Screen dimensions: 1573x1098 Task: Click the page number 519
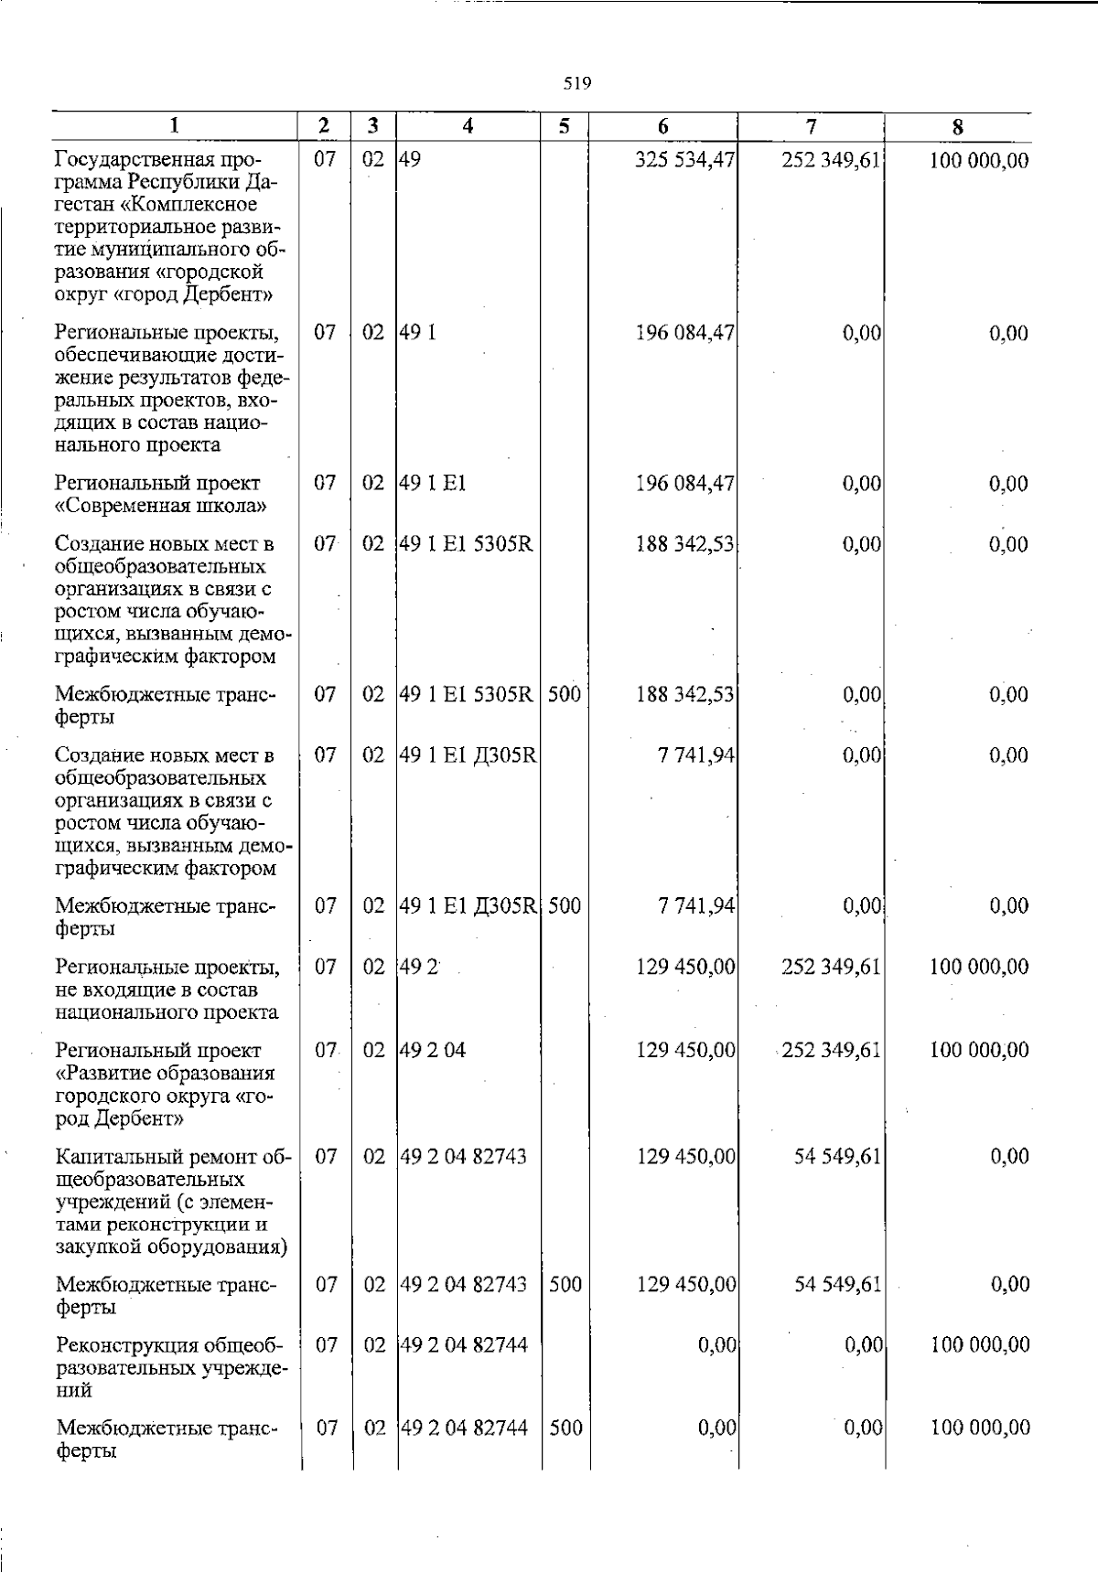coord(576,84)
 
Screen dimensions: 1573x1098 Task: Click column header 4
coord(468,127)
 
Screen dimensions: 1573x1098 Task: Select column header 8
coord(957,128)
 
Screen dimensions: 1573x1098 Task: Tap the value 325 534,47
coord(685,161)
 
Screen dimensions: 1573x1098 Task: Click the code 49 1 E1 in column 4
coord(434,484)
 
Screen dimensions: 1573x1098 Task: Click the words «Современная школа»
coord(161,506)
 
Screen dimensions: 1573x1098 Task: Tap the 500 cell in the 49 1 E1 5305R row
coord(565,694)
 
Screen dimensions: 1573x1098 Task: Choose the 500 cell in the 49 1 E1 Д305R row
coord(565,906)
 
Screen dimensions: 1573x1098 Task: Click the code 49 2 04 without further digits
coord(433,1050)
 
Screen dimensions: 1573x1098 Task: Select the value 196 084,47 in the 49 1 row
coord(685,333)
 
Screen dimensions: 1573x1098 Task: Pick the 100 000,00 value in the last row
coord(980,1428)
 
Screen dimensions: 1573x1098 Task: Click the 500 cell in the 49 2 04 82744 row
coord(565,1428)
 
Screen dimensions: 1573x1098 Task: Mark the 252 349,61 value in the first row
coord(831,161)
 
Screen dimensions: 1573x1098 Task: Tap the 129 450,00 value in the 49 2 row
coord(685,967)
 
